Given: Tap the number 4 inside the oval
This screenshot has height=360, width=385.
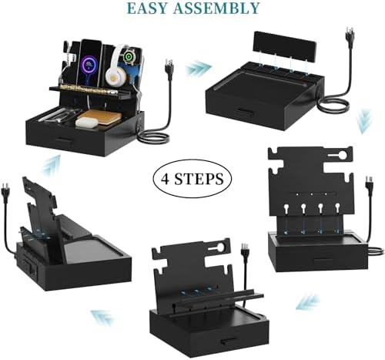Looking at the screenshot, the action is point(166,178).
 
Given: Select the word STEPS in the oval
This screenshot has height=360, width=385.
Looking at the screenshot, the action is point(199,178).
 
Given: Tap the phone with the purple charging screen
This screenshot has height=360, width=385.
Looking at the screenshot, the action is point(89,61).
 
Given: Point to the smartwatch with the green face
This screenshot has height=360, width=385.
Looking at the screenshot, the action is point(128,57).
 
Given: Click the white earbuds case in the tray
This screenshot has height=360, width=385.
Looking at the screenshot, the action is point(87,123).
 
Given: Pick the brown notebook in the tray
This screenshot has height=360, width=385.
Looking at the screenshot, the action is point(100,117).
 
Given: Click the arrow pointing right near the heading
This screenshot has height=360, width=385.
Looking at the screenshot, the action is point(198,68).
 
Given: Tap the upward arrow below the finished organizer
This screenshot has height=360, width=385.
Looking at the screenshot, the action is point(51,166).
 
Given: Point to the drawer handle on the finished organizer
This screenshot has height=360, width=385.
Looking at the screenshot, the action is point(65,140).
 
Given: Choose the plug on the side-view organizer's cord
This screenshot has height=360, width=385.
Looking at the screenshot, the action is point(5,190).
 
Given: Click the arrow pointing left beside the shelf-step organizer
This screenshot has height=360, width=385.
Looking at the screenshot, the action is point(308,301).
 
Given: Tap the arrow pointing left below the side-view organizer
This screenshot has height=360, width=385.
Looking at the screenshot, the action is point(102,318).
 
